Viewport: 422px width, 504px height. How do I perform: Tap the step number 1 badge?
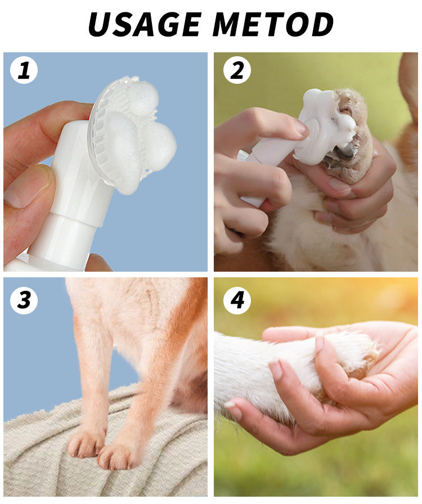[24, 71]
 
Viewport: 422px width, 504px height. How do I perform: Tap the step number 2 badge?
[237, 71]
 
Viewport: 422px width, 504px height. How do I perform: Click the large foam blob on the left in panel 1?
[121, 149]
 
